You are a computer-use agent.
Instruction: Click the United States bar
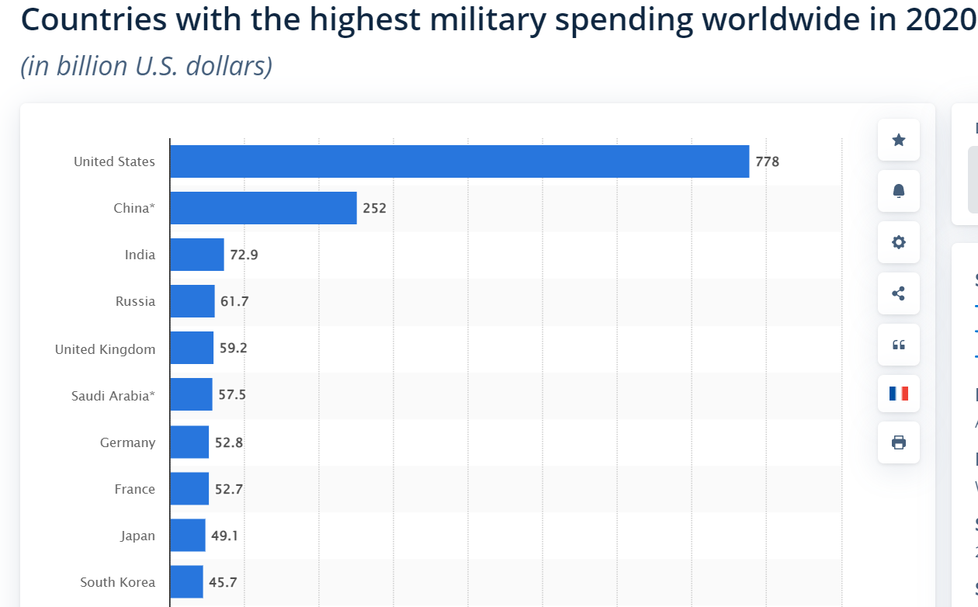tap(460, 161)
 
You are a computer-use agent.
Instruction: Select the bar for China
tap(263, 208)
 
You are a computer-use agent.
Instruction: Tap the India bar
tap(197, 255)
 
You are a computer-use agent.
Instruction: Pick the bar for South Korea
tap(186, 581)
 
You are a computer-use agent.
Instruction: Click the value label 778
tap(767, 162)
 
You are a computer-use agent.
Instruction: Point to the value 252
tap(374, 208)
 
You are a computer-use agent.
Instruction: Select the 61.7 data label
tap(234, 301)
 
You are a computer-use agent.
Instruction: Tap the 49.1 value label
tap(224, 535)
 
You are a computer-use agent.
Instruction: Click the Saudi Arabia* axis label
tap(113, 396)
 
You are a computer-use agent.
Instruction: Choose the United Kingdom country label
tap(105, 349)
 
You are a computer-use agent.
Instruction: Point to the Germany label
tap(127, 442)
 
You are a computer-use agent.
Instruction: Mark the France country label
tap(134, 489)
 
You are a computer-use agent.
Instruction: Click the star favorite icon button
tap(899, 140)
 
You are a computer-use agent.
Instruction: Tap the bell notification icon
tap(899, 191)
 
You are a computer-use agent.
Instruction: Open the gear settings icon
tap(899, 242)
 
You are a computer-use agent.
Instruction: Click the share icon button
tap(899, 293)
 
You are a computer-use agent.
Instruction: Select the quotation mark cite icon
tap(899, 345)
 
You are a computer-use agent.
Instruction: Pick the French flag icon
tap(899, 394)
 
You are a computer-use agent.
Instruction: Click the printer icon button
tap(899, 442)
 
